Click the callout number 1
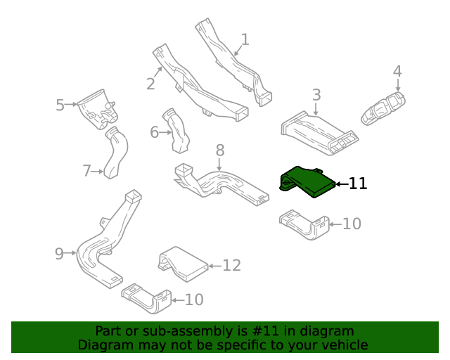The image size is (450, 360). [245, 39]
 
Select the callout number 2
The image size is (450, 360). [150, 84]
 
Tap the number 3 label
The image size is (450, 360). [316, 95]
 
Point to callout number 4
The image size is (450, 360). [397, 71]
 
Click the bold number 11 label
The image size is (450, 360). [358, 184]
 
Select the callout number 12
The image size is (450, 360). [231, 265]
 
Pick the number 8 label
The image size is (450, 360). [220, 150]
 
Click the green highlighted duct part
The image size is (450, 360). [307, 181]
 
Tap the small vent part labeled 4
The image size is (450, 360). [383, 108]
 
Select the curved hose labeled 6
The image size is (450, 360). [177, 131]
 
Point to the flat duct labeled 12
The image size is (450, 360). [183, 264]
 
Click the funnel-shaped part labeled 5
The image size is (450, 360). [98, 109]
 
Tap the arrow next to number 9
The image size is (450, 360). [70, 253]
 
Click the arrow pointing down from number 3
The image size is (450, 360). [316, 110]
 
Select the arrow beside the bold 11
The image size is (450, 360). [342, 184]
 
